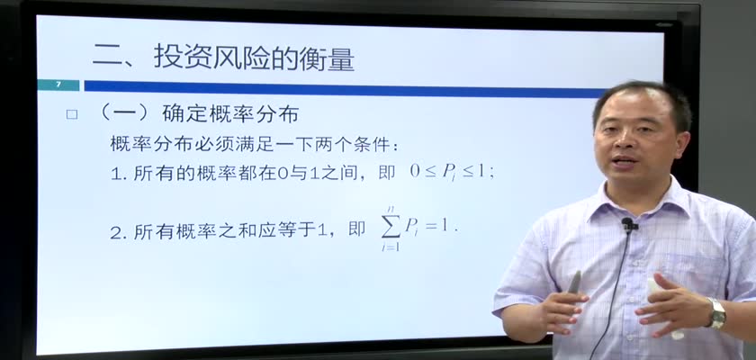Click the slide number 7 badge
(58, 85)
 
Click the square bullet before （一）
(72, 114)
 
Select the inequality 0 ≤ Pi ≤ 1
(452, 172)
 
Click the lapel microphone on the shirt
(628, 225)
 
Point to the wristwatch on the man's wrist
(717, 313)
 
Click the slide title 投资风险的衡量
(254, 57)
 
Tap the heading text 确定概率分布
(230, 114)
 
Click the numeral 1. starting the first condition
(118, 174)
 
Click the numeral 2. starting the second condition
(118, 233)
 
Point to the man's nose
(625, 139)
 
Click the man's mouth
(625, 160)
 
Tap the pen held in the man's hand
(574, 282)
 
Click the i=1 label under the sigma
(390, 247)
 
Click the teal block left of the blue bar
(58, 85)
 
